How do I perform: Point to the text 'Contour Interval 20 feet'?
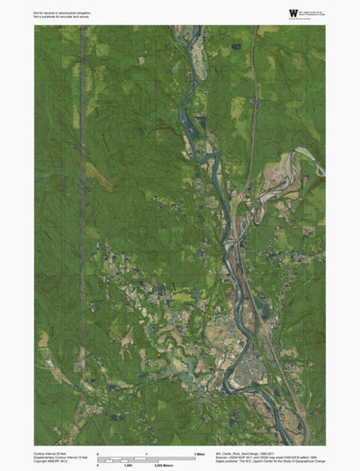[x=52, y=452]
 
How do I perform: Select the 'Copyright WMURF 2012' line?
[x=53, y=461]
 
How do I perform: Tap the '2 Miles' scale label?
[x=201, y=452]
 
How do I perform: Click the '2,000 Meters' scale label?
[x=163, y=466]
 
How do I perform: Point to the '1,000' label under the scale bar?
[x=128, y=466]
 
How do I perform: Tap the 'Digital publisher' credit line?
[x=261, y=461]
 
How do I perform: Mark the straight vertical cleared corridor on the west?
[x=82, y=225]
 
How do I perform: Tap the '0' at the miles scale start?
[x=97, y=452]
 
